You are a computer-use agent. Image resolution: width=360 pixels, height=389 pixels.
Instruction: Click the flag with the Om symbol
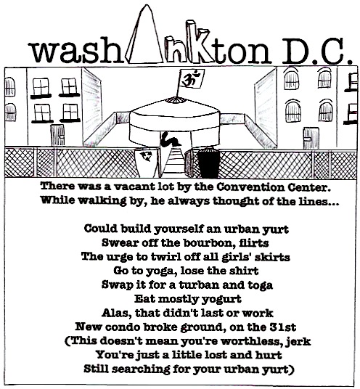point(192,78)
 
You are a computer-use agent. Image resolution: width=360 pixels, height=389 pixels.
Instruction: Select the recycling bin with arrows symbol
point(147,163)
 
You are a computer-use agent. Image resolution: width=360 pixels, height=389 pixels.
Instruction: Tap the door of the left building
point(57,135)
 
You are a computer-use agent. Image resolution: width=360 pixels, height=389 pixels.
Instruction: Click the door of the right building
point(311,138)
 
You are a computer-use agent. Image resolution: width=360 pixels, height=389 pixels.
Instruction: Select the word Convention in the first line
point(250,187)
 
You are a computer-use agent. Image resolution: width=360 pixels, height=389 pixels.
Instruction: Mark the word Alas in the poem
point(116,313)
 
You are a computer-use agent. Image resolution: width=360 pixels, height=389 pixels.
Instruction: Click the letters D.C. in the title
point(316,52)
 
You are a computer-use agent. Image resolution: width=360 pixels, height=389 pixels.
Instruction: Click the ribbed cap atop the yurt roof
point(176,99)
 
